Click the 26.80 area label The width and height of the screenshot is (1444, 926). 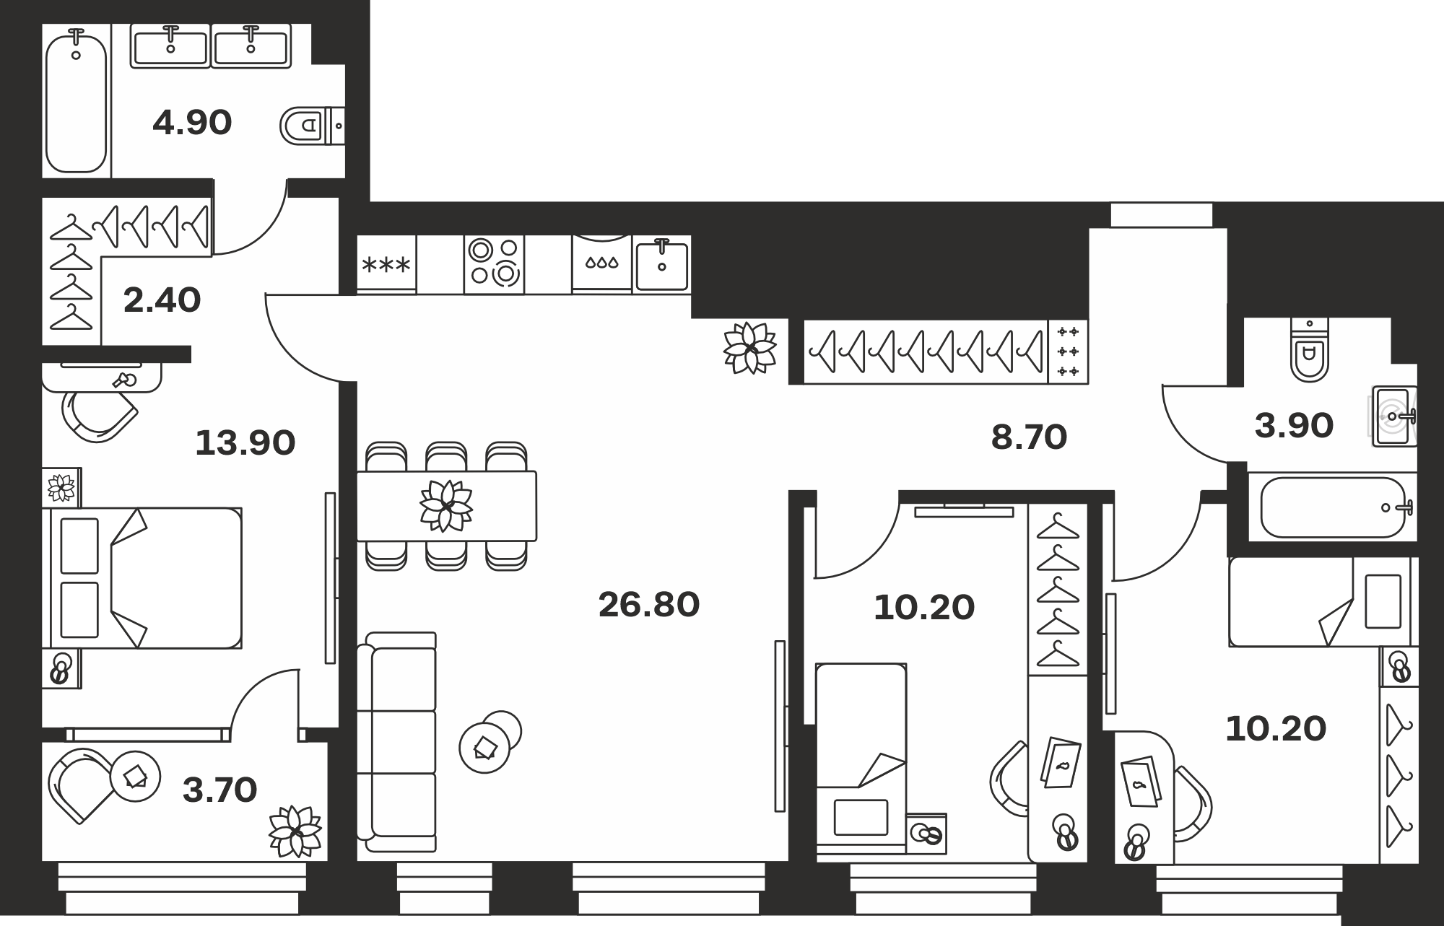coord(649,605)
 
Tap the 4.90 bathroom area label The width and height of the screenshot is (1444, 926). coord(192,123)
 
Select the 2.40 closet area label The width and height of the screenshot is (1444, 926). coord(162,300)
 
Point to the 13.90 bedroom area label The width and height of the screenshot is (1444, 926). coord(245,442)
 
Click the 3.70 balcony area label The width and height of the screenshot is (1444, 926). coord(220,790)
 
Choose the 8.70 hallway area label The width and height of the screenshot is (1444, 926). coord(1029,437)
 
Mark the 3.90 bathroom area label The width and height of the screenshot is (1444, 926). coord(1294,426)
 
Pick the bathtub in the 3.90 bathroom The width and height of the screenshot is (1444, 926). coord(1336,507)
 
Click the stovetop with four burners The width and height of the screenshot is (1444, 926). coord(494,263)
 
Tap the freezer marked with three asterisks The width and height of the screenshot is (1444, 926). coord(386,264)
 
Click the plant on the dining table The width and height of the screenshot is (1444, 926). coord(446,505)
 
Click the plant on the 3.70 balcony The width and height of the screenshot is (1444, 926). coord(295,831)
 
